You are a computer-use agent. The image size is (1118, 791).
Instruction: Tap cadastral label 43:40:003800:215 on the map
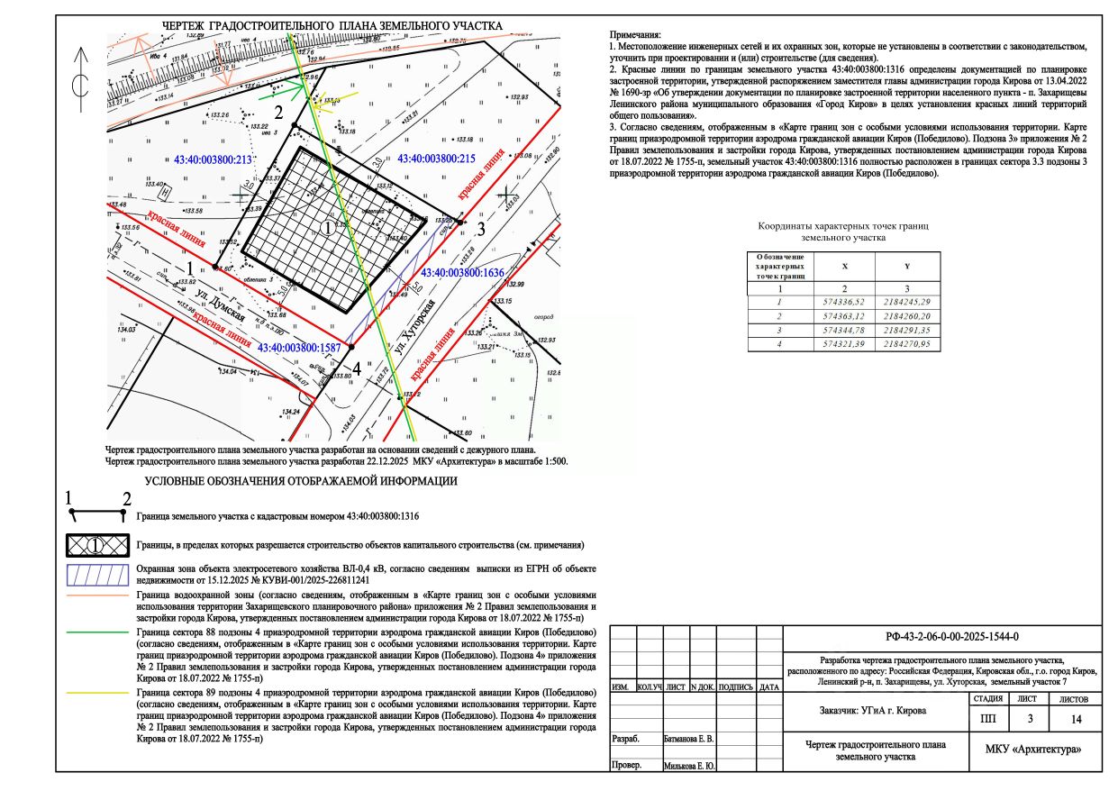[436, 158]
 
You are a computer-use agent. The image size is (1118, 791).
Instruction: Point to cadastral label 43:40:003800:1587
[299, 347]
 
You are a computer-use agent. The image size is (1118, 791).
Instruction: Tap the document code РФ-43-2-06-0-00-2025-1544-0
[940, 637]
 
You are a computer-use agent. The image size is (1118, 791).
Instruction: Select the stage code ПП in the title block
[988, 719]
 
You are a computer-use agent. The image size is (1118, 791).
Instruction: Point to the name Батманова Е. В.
[688, 739]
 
